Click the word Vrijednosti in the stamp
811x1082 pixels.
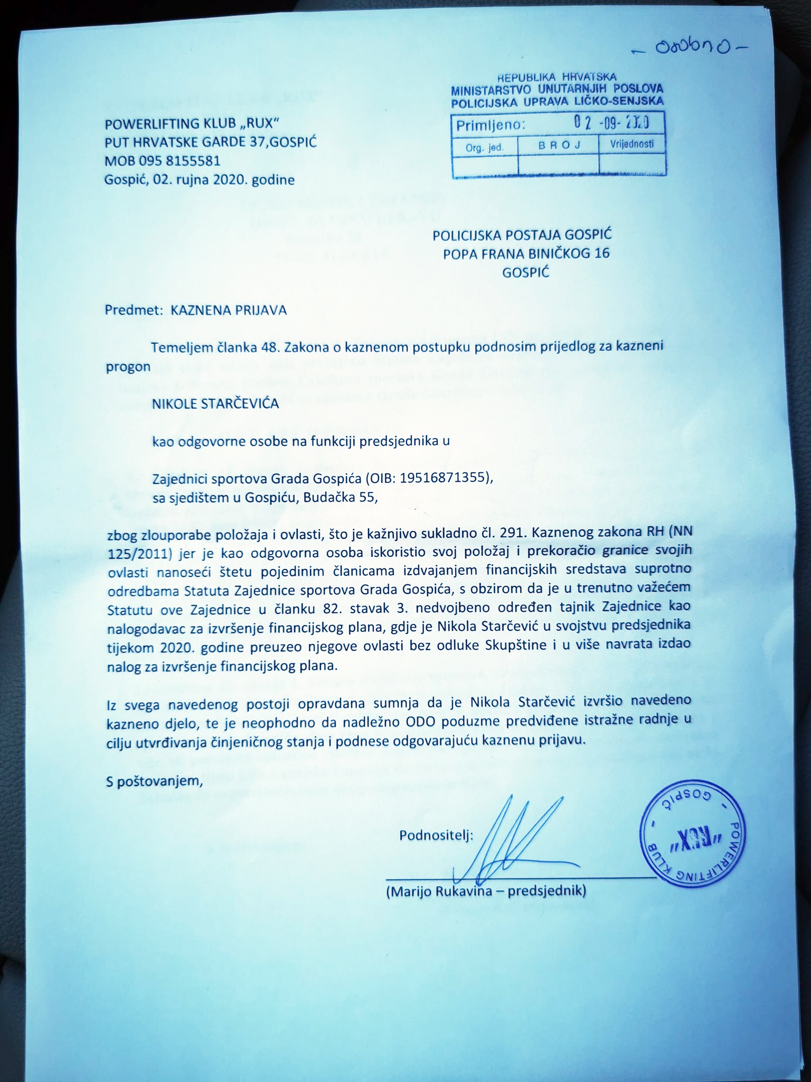pos(632,144)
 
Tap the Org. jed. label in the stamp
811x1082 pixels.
pos(485,147)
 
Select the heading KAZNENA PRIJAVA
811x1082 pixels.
pos(229,310)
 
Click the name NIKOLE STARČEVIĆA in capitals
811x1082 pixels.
pos(215,405)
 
